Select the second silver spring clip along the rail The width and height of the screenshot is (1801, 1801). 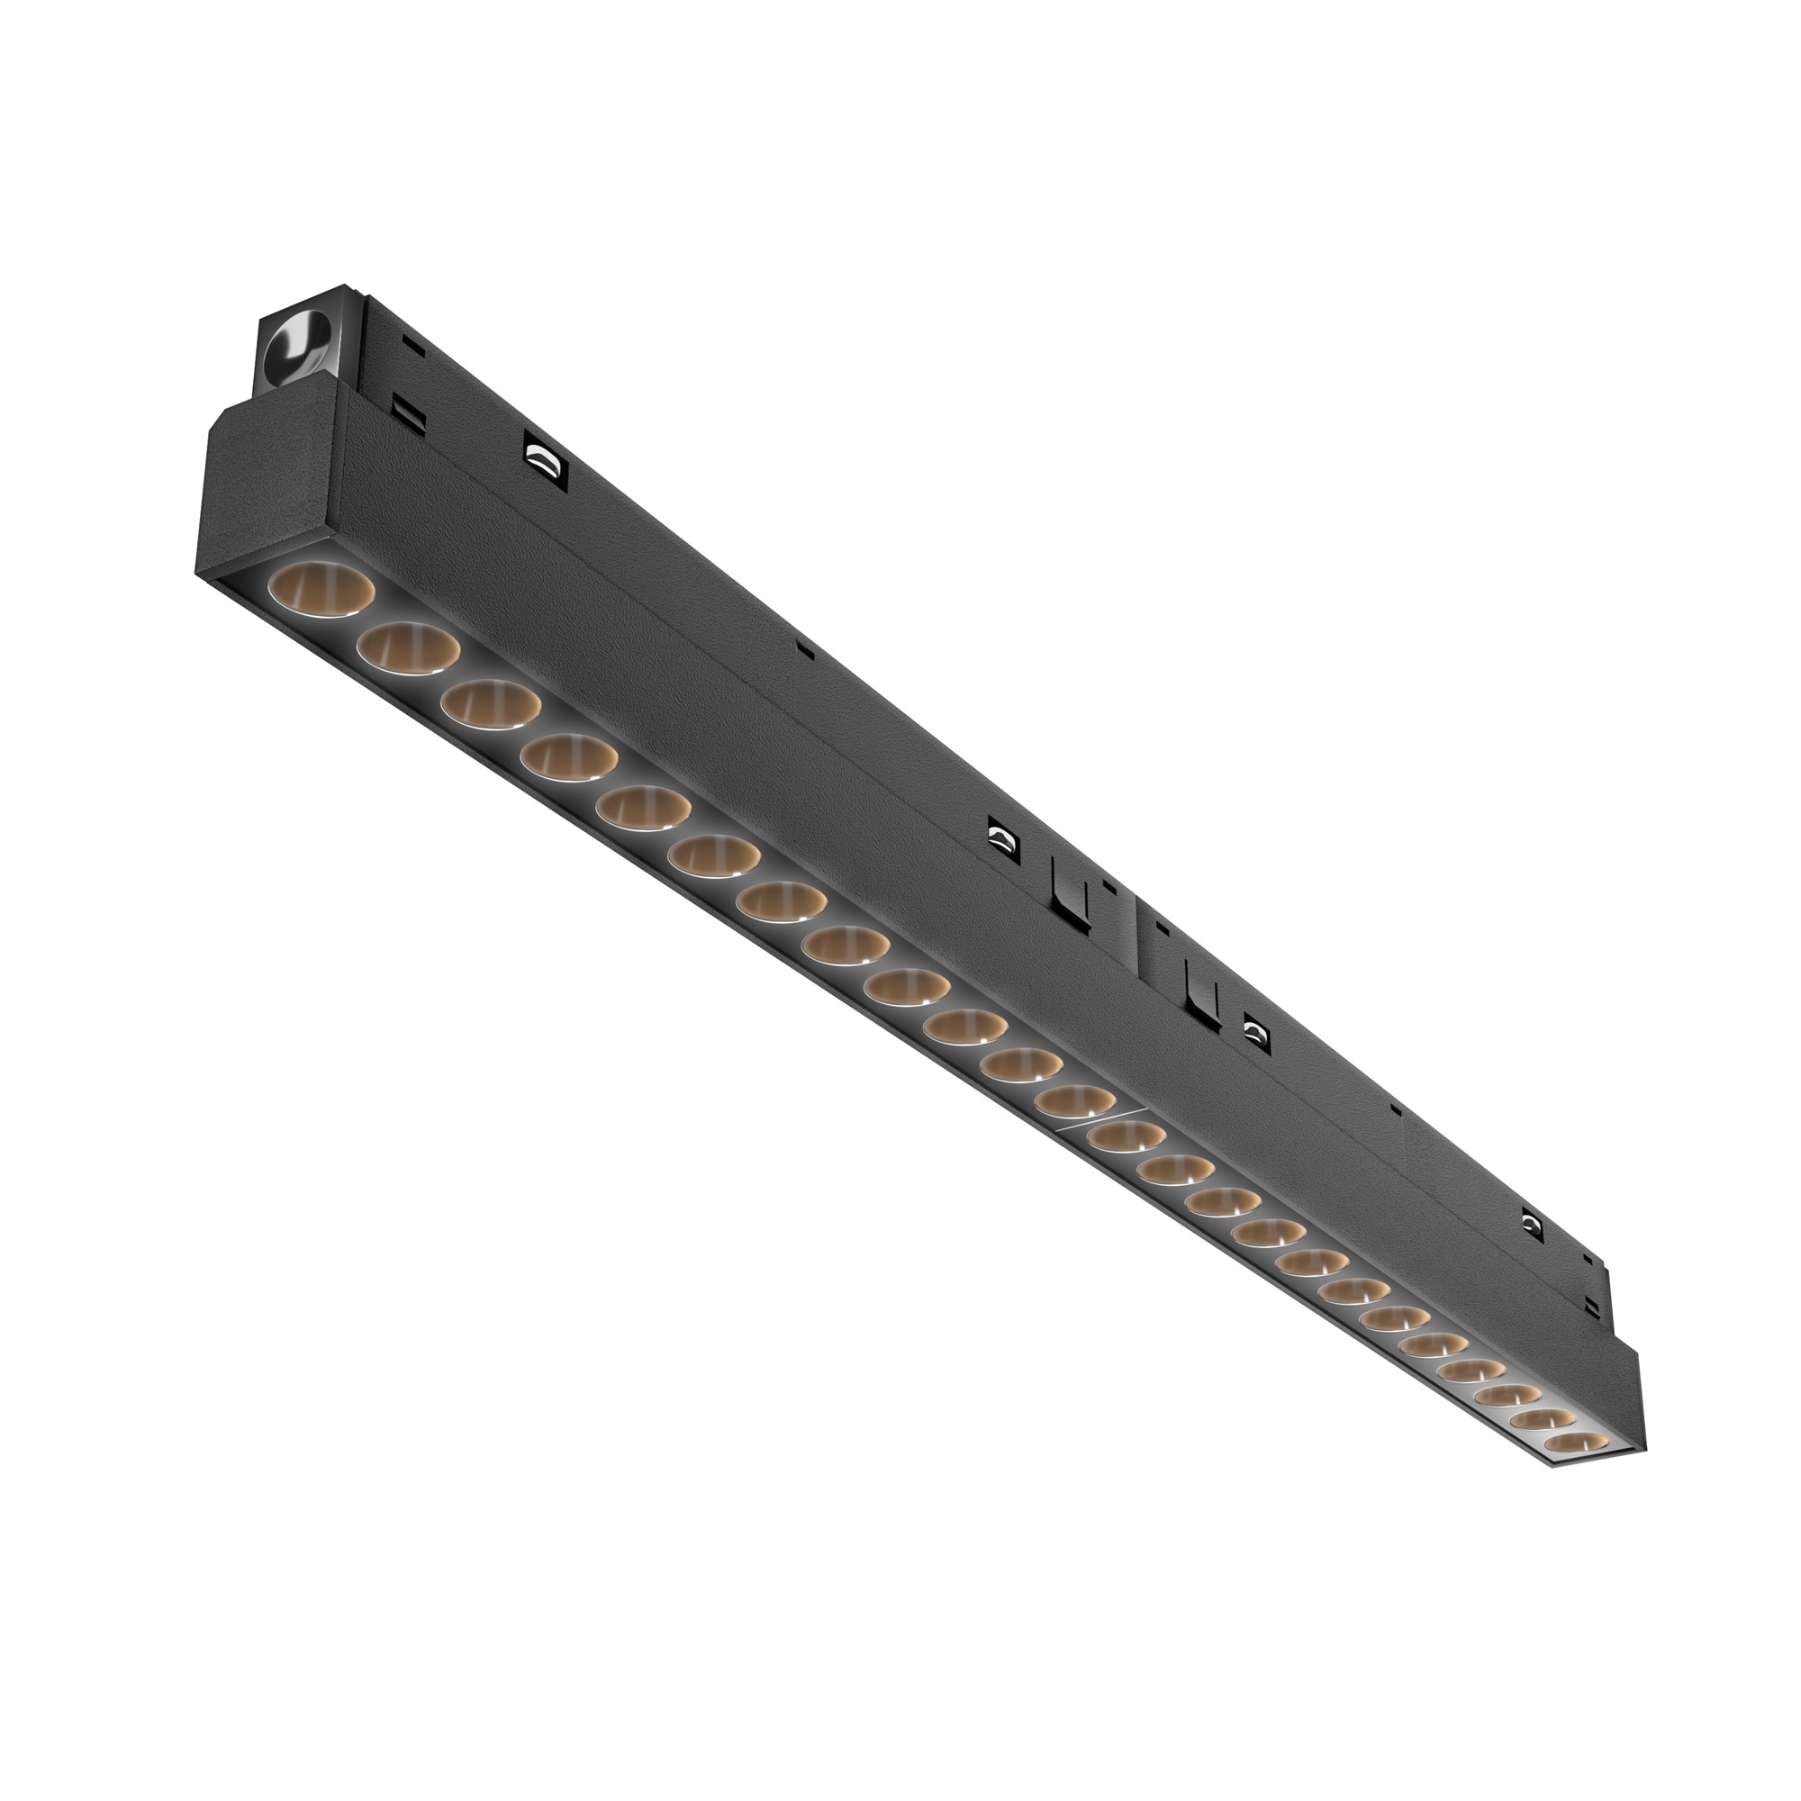pos(1002,836)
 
